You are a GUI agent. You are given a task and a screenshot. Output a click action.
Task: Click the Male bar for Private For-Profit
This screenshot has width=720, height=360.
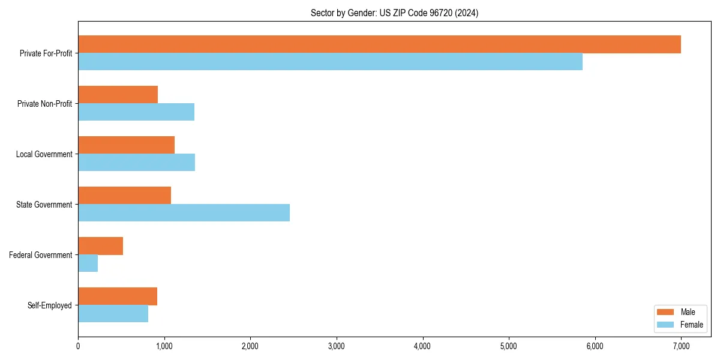(379, 44)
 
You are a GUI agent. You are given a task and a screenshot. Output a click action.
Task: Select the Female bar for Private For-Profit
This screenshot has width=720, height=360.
(330, 62)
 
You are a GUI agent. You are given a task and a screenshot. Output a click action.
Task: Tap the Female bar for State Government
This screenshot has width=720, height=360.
(184, 213)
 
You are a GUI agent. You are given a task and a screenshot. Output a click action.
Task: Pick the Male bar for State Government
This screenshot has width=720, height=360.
(124, 196)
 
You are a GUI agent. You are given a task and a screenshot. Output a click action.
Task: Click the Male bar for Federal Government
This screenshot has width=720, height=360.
(100, 246)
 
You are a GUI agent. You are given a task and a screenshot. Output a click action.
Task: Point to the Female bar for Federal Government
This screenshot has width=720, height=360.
(88, 263)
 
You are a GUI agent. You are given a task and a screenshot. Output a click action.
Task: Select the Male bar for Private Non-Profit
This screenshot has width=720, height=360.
(118, 95)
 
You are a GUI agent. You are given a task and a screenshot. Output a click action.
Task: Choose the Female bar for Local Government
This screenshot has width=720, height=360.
(136, 163)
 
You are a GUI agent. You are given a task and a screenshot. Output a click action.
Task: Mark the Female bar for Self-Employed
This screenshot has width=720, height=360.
(113, 314)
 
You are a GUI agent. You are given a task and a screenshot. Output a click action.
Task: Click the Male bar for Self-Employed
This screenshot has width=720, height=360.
(118, 296)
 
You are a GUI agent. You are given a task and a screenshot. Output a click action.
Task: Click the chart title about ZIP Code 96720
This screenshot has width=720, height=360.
(394, 13)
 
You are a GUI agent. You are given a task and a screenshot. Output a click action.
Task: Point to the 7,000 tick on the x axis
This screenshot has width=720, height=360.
(681, 346)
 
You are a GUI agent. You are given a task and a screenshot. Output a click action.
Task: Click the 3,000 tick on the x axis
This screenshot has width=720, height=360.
(337, 346)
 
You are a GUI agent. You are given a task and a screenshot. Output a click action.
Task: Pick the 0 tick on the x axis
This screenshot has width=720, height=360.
(78, 346)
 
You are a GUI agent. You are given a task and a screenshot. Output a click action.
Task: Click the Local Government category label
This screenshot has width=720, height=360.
(44, 154)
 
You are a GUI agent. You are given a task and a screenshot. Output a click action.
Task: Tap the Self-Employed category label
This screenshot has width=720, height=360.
(49, 305)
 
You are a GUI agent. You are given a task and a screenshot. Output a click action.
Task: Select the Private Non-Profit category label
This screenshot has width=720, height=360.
(44, 104)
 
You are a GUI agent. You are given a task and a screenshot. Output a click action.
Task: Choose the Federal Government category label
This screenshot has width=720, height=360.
(41, 255)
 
